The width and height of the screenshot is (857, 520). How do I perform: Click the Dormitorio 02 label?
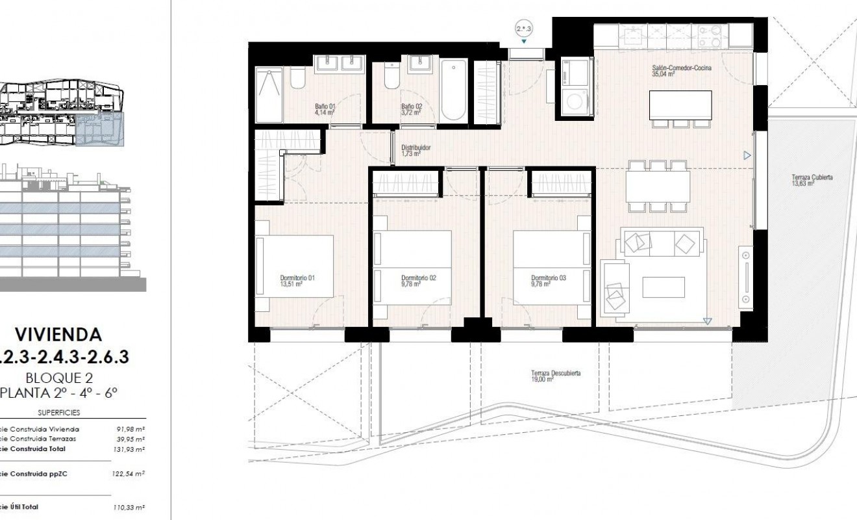click(x=418, y=281)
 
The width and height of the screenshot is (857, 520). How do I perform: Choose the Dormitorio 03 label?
click(x=549, y=281)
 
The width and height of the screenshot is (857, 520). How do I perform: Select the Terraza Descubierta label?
click(x=555, y=376)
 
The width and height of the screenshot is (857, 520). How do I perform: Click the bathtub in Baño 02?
click(x=453, y=90)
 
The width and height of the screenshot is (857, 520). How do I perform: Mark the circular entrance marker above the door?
click(x=524, y=29)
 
